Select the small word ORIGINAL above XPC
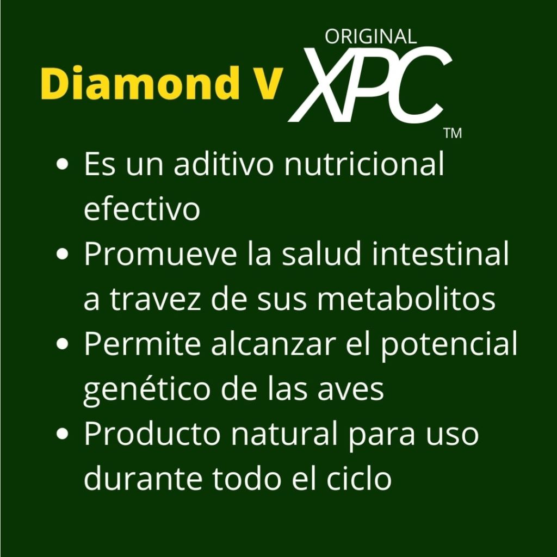[x=370, y=36]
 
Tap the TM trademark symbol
[x=453, y=134]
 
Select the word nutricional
[x=364, y=165]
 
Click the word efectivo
[x=141, y=209]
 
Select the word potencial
[x=449, y=345]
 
